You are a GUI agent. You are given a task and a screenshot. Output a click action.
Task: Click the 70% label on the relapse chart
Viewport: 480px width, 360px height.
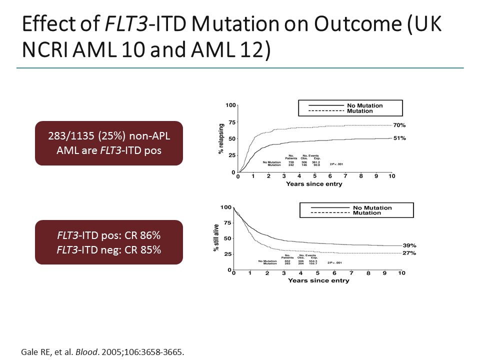click(x=399, y=125)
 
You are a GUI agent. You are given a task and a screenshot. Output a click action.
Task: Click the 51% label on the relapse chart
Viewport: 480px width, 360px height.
click(x=399, y=138)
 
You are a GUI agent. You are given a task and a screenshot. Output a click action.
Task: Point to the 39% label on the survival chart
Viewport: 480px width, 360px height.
click(x=409, y=245)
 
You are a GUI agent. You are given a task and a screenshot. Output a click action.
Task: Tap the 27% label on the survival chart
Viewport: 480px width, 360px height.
click(x=409, y=253)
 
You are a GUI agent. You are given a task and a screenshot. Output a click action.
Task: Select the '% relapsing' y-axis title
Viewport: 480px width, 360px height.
click(x=221, y=139)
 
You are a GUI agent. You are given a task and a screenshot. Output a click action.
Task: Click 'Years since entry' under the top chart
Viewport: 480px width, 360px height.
click(x=314, y=184)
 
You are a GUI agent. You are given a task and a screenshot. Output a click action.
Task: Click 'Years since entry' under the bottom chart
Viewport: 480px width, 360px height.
click(x=318, y=280)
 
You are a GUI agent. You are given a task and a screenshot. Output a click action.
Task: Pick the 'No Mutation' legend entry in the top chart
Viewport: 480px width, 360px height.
click(x=364, y=105)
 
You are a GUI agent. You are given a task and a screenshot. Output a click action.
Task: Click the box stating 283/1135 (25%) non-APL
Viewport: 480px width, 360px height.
click(x=108, y=143)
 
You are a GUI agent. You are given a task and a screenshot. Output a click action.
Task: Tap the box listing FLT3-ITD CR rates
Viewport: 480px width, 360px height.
click(x=108, y=242)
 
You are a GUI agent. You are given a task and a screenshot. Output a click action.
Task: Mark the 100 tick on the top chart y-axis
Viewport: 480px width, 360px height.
click(x=230, y=105)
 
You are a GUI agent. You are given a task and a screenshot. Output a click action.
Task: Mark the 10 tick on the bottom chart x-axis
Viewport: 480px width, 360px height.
click(x=401, y=273)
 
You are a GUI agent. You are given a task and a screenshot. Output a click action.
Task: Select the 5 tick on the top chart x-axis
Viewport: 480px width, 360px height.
click(x=314, y=176)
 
